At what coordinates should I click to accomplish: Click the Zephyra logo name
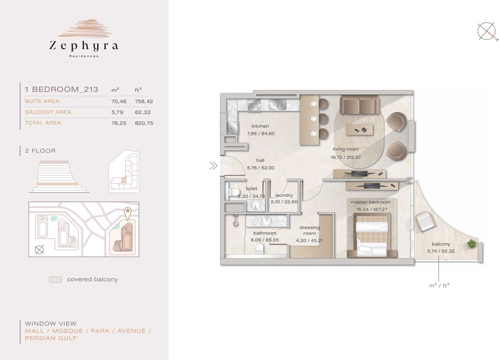(x=83, y=46)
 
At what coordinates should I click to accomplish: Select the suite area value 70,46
(x=119, y=101)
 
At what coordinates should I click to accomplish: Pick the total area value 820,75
(x=144, y=123)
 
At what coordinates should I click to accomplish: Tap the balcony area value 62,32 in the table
(x=143, y=112)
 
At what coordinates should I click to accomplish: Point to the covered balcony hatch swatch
(x=56, y=280)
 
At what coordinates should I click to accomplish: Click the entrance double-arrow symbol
(x=213, y=166)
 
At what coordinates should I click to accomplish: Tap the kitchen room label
(x=260, y=126)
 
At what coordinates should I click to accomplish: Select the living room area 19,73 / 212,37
(x=346, y=157)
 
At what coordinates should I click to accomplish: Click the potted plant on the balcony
(x=471, y=243)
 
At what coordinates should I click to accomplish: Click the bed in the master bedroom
(x=372, y=235)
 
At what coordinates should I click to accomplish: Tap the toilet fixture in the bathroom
(x=260, y=249)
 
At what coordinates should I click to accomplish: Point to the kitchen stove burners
(x=254, y=105)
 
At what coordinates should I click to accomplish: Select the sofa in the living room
(x=359, y=105)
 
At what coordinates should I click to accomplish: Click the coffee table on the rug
(x=359, y=130)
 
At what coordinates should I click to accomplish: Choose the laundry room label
(x=284, y=195)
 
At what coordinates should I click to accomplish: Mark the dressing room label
(x=309, y=230)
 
